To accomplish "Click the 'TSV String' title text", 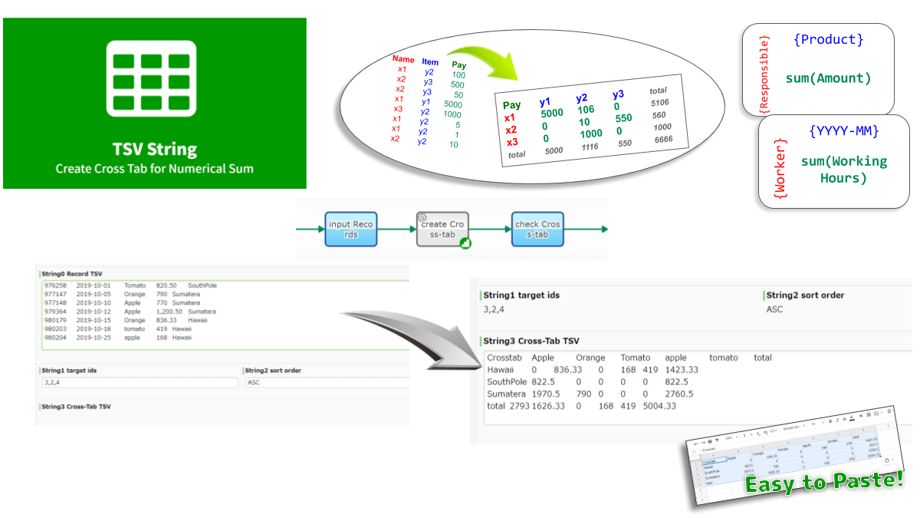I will coord(154,148).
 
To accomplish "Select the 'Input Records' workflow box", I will coord(350,229).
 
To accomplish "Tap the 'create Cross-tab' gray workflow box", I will coord(443,229).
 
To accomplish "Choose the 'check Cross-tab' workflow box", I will coord(537,229).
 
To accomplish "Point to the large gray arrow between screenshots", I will coord(406,326).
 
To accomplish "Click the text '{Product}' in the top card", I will coord(829,39).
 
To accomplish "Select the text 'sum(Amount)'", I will coord(829,78).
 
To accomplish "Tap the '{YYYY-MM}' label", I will coord(843,131).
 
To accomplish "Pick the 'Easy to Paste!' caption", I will coord(824,482).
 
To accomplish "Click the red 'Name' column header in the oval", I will coord(403,59).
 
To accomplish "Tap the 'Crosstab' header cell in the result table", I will coord(504,358).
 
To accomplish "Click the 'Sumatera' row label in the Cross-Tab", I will coord(507,394).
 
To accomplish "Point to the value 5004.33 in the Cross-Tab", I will coord(660,406).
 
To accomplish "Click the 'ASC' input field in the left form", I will coord(326,382).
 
